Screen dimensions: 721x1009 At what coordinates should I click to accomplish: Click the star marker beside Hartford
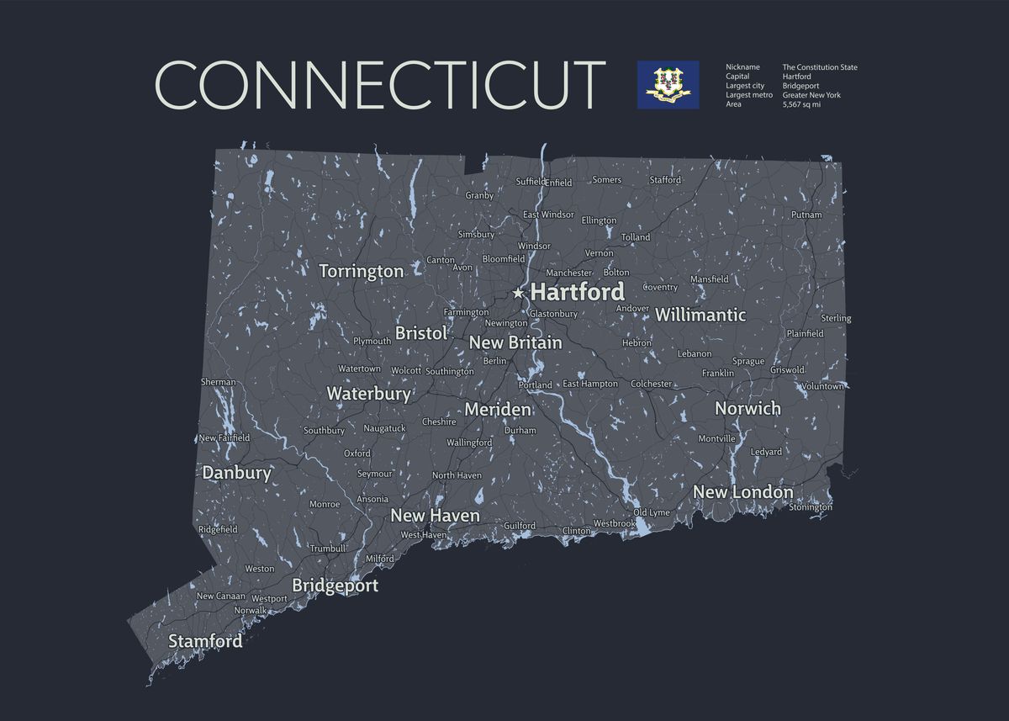click(518, 293)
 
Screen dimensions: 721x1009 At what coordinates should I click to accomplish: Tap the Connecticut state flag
click(668, 84)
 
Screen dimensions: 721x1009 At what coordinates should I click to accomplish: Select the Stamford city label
click(205, 641)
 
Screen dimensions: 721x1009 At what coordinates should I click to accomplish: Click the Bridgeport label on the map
click(335, 586)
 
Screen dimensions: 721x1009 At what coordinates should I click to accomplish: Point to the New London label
click(742, 492)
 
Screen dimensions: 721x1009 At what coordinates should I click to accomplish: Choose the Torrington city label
click(362, 271)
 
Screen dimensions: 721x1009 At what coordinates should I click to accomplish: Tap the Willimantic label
click(700, 315)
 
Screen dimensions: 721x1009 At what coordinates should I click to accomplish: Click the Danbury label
click(237, 473)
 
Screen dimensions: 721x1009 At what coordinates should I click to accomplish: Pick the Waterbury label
click(368, 394)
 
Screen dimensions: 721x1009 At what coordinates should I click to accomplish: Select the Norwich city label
click(748, 409)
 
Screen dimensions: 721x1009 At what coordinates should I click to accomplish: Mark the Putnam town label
click(806, 215)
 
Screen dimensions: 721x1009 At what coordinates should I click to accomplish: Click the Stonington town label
click(811, 507)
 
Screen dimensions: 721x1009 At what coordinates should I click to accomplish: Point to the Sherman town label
click(219, 382)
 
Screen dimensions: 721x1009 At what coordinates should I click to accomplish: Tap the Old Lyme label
click(652, 512)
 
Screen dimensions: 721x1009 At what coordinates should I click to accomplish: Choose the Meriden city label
click(498, 410)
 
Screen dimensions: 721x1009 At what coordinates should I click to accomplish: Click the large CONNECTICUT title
click(380, 84)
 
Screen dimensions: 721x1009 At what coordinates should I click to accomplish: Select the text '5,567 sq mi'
click(801, 104)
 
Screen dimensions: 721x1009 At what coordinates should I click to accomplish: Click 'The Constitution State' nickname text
click(820, 67)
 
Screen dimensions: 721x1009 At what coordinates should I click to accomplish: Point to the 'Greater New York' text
click(811, 95)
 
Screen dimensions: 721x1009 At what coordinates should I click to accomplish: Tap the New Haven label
click(435, 516)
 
